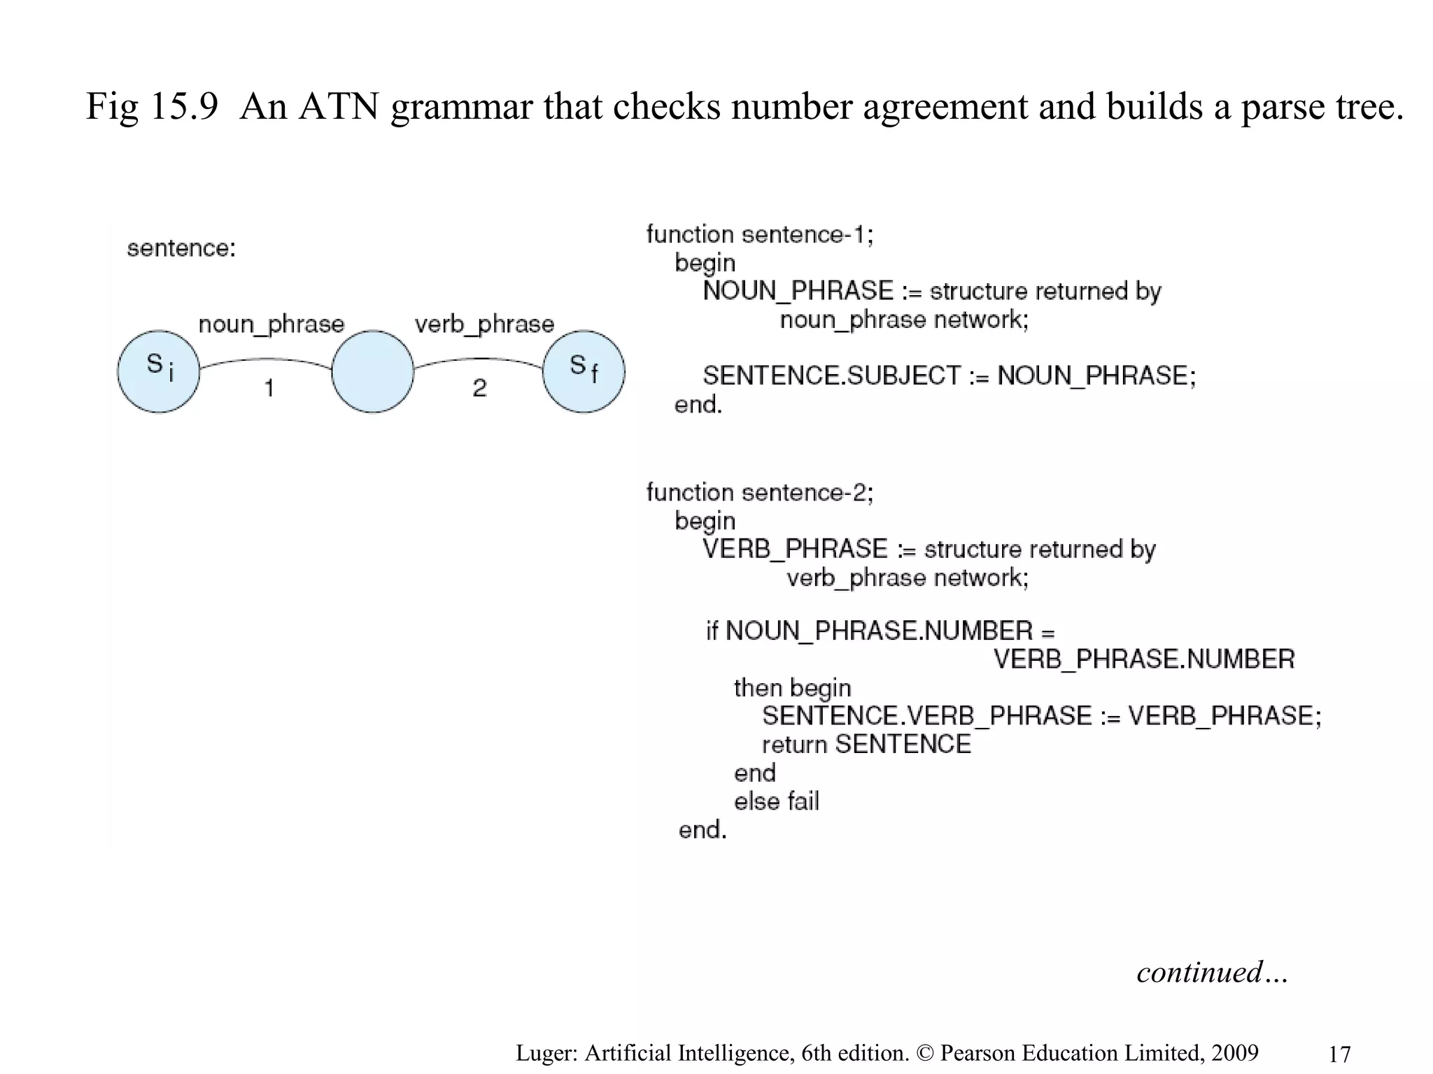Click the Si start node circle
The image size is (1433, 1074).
coord(159,371)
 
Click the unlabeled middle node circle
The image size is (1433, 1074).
coord(372,371)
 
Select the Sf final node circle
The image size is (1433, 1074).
coord(584,371)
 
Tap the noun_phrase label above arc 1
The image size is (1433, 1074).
coord(271,324)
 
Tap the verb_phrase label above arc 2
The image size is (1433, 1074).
coord(484,324)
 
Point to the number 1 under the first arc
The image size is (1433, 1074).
coord(269,388)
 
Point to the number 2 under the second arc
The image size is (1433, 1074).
coord(479,388)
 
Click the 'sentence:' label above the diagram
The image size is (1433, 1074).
coord(181,248)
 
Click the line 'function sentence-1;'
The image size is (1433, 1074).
coord(760,234)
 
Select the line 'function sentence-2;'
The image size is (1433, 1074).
coord(760,493)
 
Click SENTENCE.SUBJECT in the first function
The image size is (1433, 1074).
coord(832,376)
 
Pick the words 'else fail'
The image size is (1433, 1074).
coord(776,801)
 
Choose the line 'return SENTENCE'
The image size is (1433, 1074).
coord(866,745)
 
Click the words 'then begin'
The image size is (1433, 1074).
coord(792,688)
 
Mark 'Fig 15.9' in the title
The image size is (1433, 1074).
coord(152,106)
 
